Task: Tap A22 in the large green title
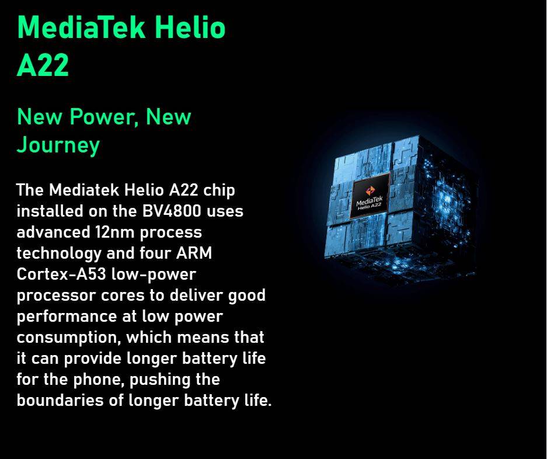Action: [x=43, y=65]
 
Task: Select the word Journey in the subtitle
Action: [x=58, y=145]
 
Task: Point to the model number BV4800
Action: [x=172, y=211]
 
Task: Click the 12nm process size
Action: [x=114, y=232]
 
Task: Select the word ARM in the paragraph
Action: [x=194, y=253]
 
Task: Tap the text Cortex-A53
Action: [x=61, y=274]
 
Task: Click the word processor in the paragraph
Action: [x=56, y=296]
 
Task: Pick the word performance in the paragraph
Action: [x=67, y=317]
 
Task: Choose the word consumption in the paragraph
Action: [x=69, y=338]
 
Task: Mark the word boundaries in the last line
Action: [x=60, y=401]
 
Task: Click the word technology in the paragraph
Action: [x=58, y=254]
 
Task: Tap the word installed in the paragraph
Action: [x=50, y=211]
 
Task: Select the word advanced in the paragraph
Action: [x=53, y=232]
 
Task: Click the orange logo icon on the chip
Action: [x=370, y=190]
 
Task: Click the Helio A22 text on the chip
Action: [x=370, y=207]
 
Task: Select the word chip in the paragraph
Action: [x=219, y=190]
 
